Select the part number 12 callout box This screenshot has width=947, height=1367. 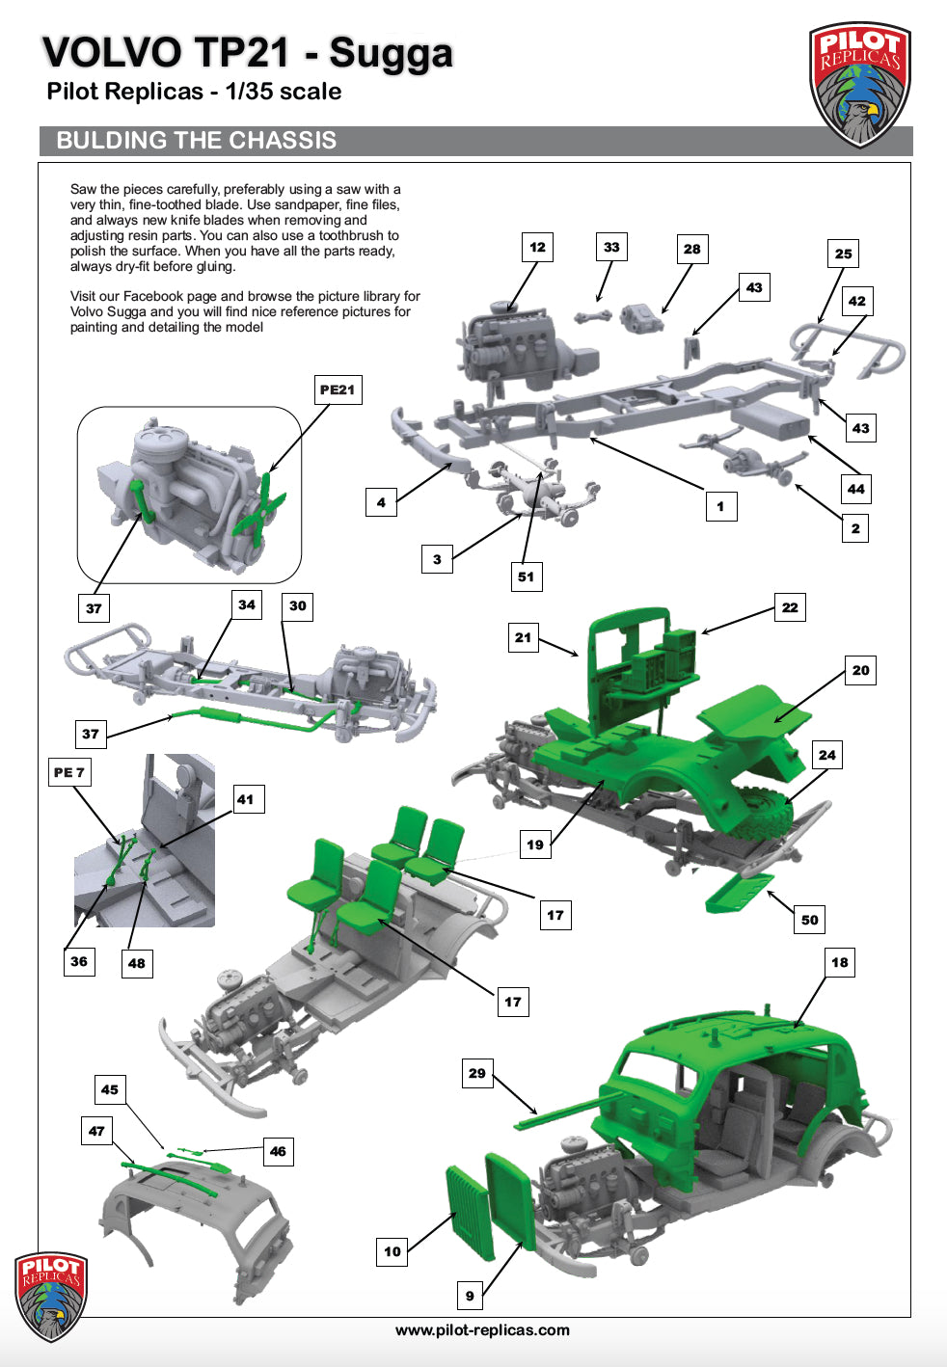pyautogui.click(x=537, y=247)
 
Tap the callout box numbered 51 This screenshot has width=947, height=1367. pyautogui.click(x=526, y=576)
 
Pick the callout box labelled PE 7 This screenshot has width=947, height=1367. pyautogui.click(x=69, y=772)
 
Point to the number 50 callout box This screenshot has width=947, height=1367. pyautogui.click(x=810, y=920)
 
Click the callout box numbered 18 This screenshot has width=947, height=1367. pyautogui.click(x=840, y=962)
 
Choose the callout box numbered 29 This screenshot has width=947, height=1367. pyautogui.click(x=476, y=1074)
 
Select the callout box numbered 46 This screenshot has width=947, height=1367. pyautogui.click(x=278, y=1152)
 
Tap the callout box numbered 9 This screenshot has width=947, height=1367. pyautogui.click(x=470, y=1296)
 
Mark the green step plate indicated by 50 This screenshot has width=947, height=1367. pyautogui.click(x=739, y=893)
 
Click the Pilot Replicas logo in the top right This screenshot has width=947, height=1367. pyautogui.click(x=859, y=84)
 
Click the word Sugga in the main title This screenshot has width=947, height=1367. pyautogui.click(x=391, y=54)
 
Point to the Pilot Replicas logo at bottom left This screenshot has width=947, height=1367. pyautogui.click(x=51, y=1296)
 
